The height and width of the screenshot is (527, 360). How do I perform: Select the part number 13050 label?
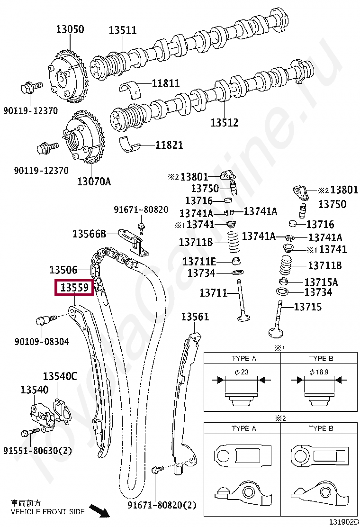(70, 29)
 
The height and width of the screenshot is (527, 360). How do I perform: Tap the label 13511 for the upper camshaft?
(122, 30)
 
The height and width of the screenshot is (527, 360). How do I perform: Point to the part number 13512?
(224, 123)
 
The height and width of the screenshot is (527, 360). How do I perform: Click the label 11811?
(166, 84)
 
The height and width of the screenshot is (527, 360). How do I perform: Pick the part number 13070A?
(94, 181)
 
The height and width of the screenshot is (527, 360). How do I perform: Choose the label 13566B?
(89, 234)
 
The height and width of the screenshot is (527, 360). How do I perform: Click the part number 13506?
(63, 270)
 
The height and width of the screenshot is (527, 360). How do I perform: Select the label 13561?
(195, 317)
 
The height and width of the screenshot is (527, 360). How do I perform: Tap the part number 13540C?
(60, 376)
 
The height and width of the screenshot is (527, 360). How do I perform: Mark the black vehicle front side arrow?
(99, 511)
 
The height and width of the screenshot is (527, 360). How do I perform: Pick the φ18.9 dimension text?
(319, 372)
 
